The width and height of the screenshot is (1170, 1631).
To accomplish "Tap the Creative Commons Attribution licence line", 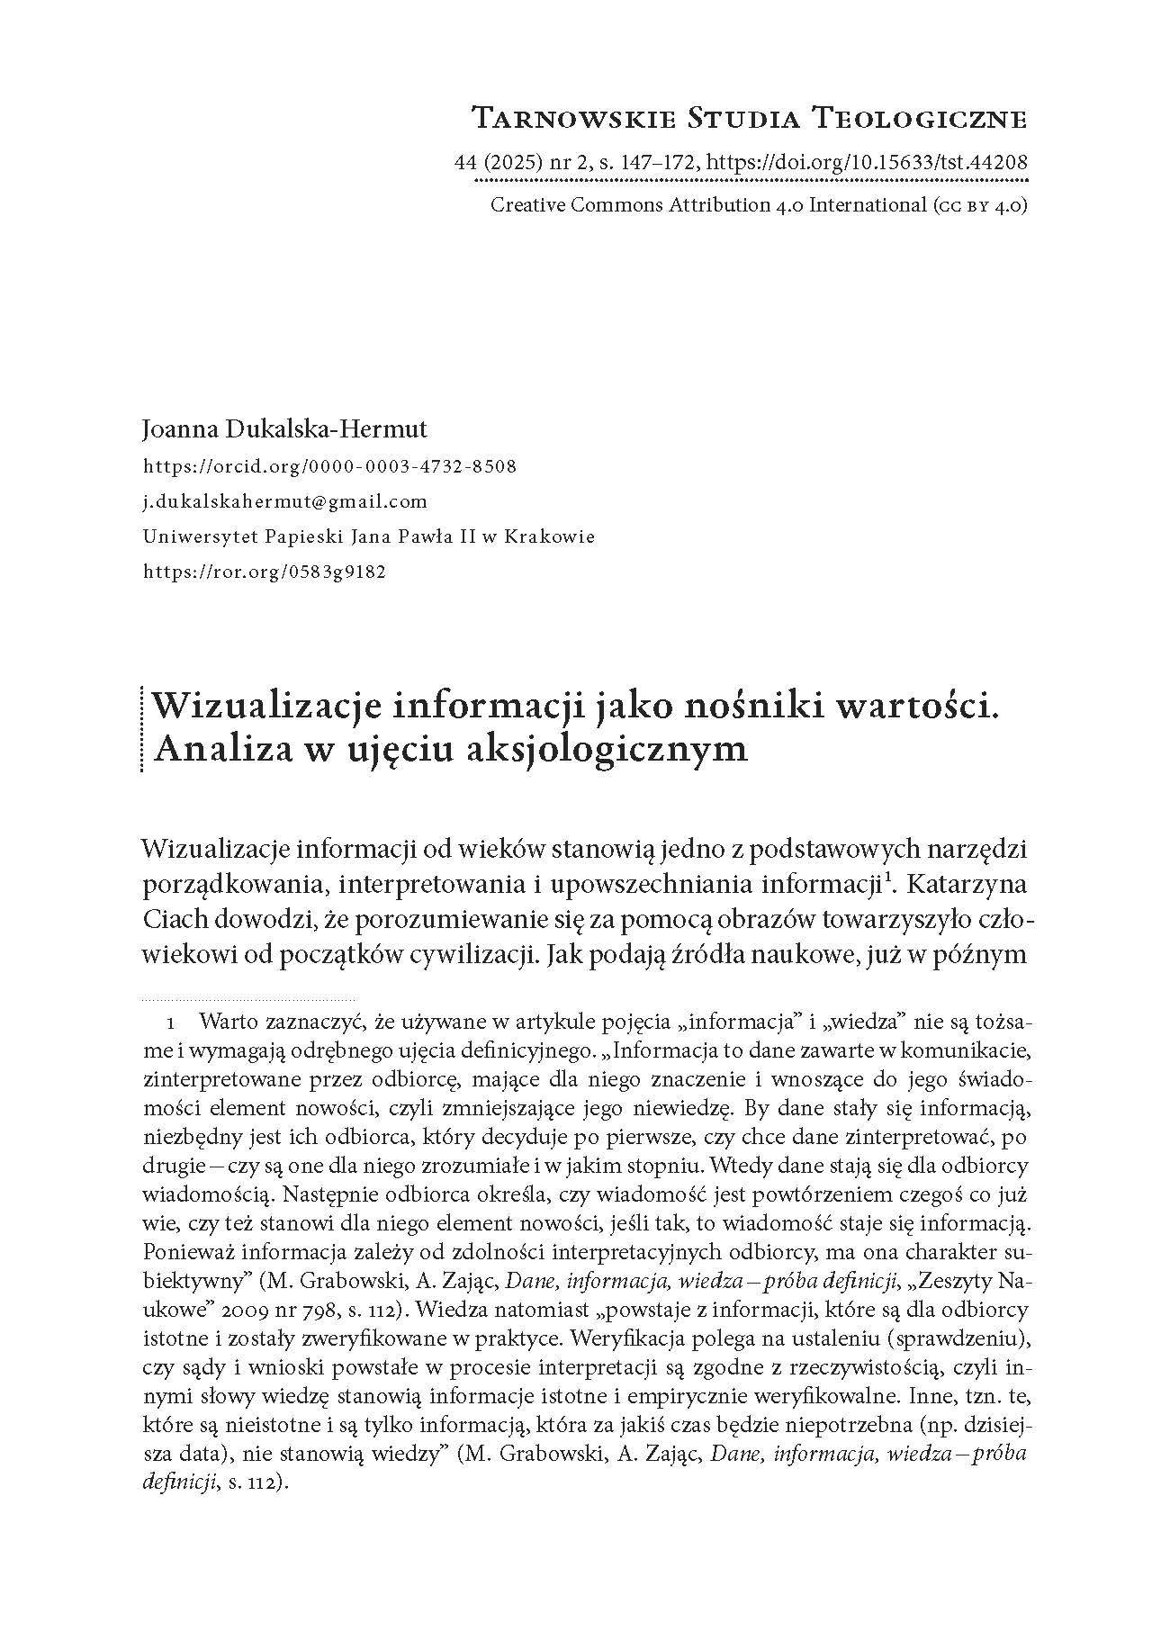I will (759, 205).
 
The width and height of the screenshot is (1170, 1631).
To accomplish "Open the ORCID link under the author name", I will (329, 467).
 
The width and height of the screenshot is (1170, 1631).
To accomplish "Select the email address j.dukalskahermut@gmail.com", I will (285, 501).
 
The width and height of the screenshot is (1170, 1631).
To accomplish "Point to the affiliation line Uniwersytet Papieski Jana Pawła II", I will (368, 536).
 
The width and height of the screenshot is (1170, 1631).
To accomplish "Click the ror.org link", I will (265, 572).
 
